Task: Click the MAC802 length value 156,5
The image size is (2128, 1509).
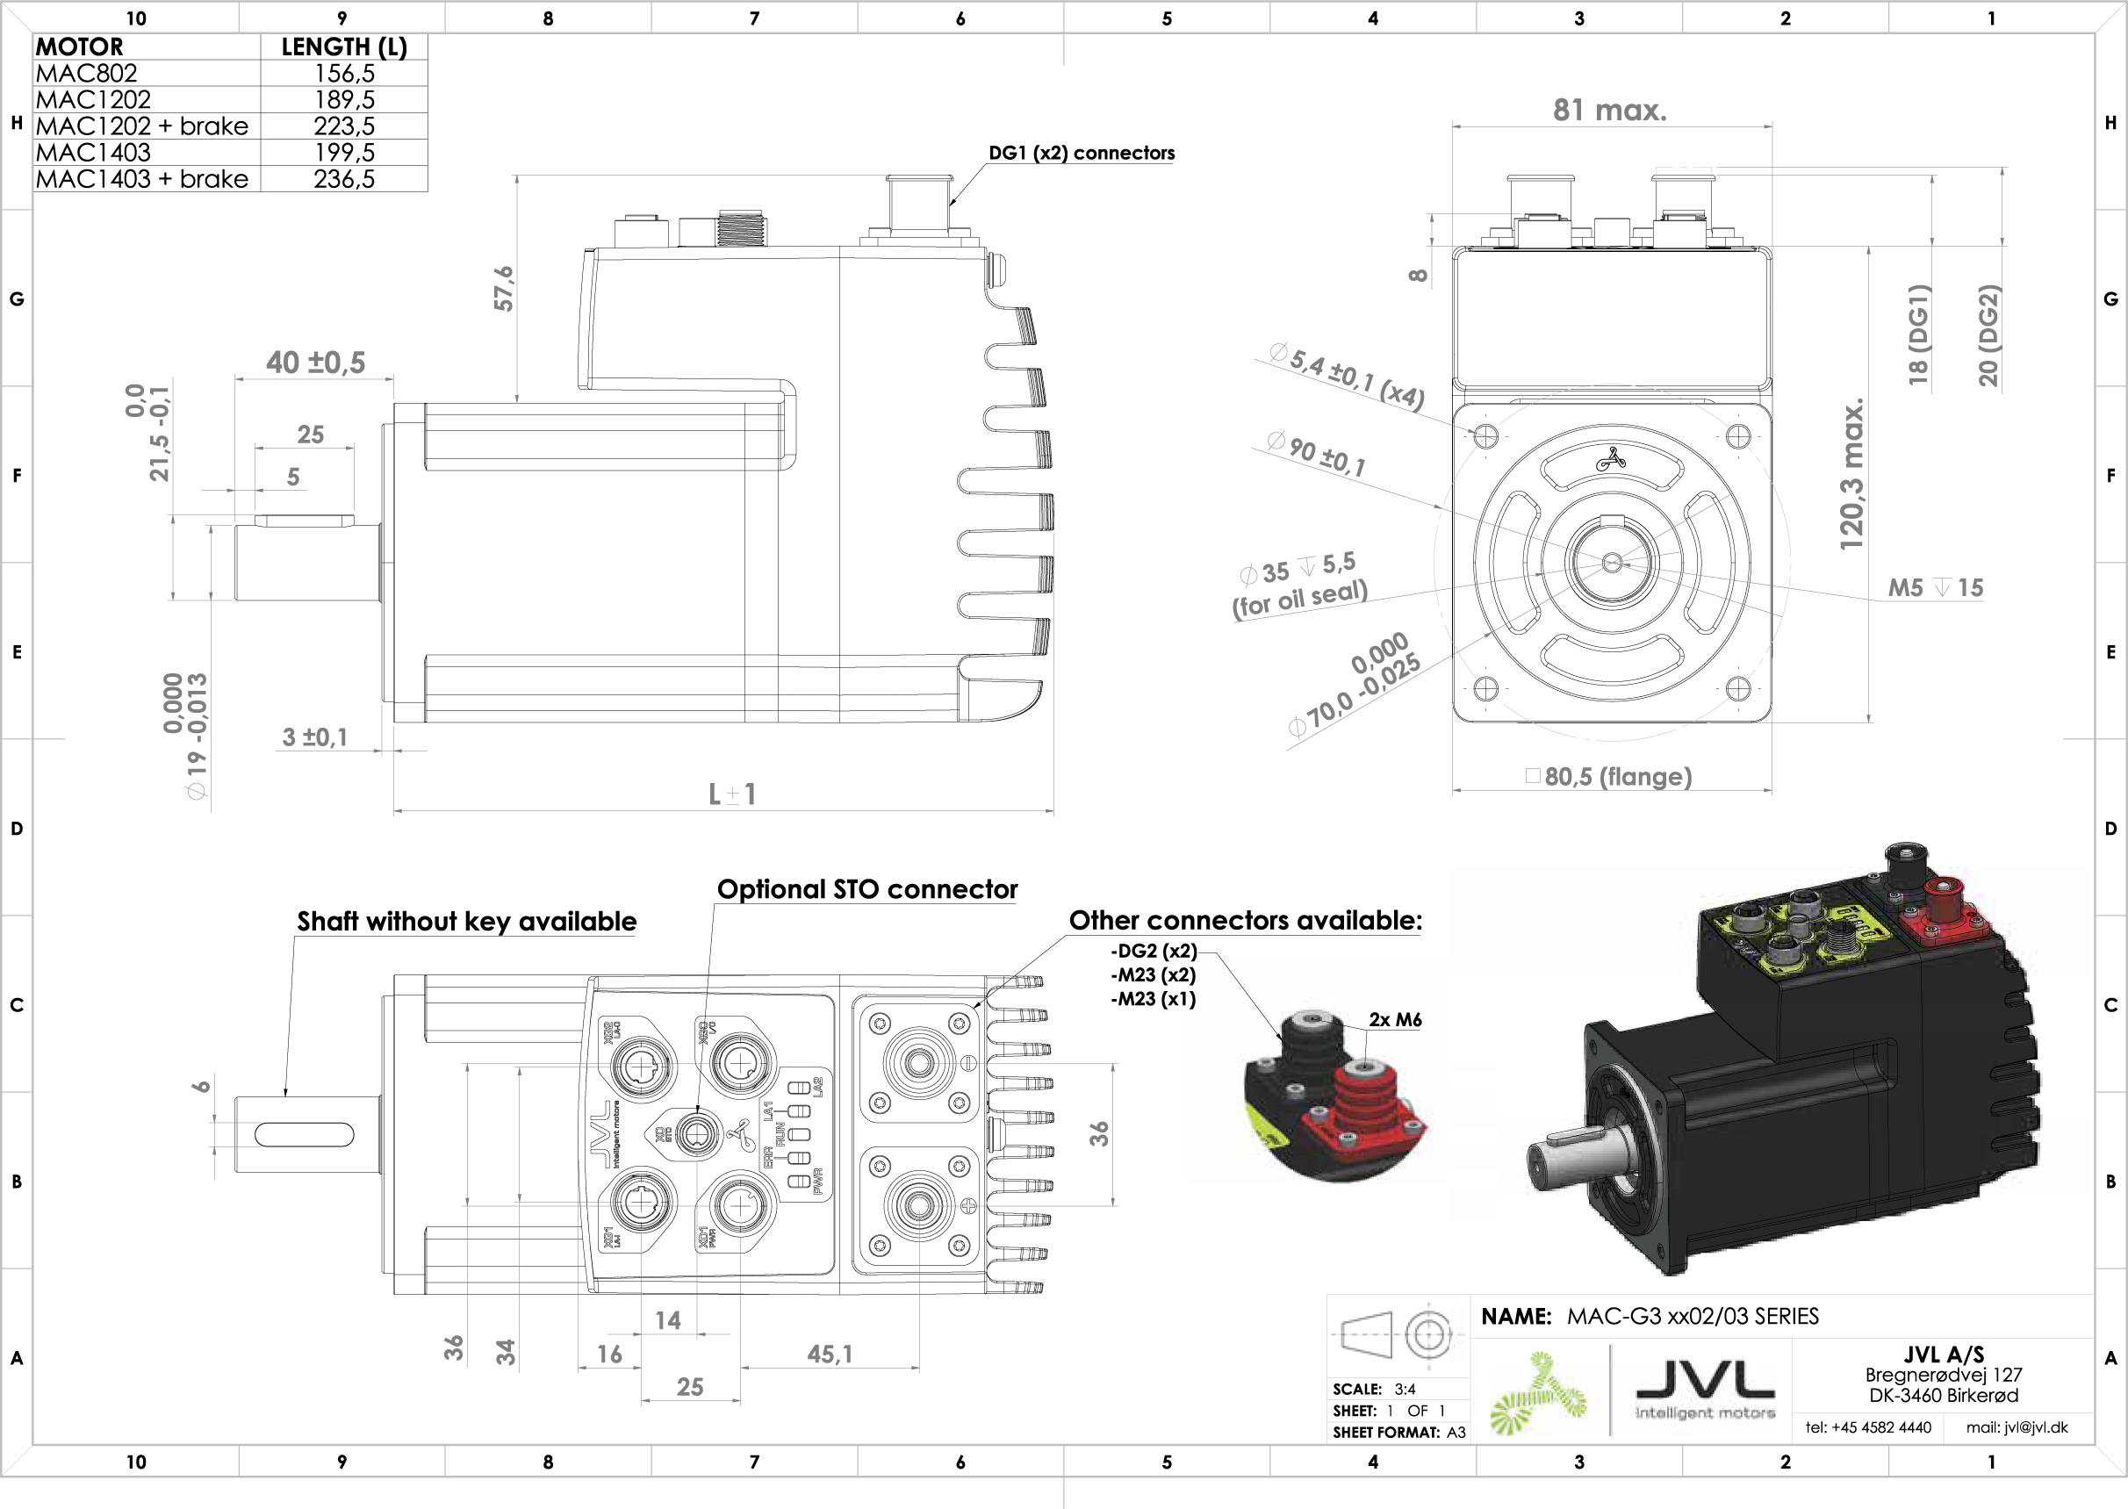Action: (x=344, y=74)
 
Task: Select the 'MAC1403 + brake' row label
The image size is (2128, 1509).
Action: (x=142, y=178)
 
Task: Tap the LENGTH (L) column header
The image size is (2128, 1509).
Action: (x=344, y=47)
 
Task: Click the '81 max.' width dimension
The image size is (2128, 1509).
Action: (x=1609, y=111)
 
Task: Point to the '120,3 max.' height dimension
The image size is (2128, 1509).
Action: (x=1851, y=474)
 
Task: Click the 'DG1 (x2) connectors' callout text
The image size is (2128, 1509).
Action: (x=1081, y=154)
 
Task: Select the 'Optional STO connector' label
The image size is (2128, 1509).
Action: (x=866, y=889)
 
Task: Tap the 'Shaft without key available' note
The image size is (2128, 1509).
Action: (x=466, y=921)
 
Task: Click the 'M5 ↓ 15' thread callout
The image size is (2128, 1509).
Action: (x=1935, y=587)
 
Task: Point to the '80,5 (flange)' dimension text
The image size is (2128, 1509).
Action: (x=1617, y=777)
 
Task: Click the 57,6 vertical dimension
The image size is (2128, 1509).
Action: (x=503, y=288)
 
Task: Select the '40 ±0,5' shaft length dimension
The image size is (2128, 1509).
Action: (x=316, y=363)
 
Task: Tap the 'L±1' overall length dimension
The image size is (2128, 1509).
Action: (x=732, y=794)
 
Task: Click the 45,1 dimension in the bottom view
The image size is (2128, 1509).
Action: (x=829, y=1354)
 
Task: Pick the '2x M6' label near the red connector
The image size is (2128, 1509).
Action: (x=1395, y=1019)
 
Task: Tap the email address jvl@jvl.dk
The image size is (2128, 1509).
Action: (x=2017, y=1427)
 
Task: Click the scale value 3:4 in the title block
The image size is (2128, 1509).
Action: (x=1404, y=1389)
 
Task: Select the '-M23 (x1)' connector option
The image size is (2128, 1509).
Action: (x=1154, y=999)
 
